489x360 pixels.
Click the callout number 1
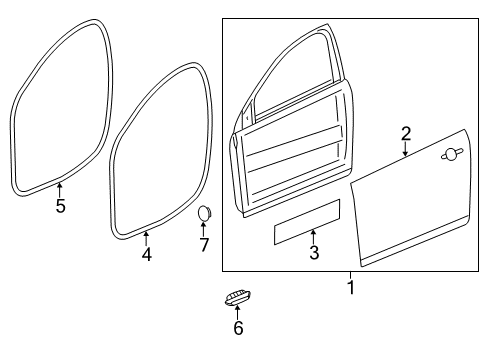tap(350, 289)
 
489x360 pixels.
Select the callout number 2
tap(406, 133)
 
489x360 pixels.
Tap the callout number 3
tap(313, 254)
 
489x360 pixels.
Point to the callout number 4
tap(146, 254)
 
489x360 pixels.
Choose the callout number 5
tap(60, 207)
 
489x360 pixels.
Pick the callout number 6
tap(238, 328)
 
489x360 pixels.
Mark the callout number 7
tap(203, 245)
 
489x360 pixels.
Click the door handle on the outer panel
tap(451, 153)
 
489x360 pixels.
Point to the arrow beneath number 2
tap(406, 151)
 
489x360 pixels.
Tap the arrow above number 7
tap(203, 228)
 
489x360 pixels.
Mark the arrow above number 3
tap(313, 238)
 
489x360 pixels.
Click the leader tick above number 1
tap(350, 275)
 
